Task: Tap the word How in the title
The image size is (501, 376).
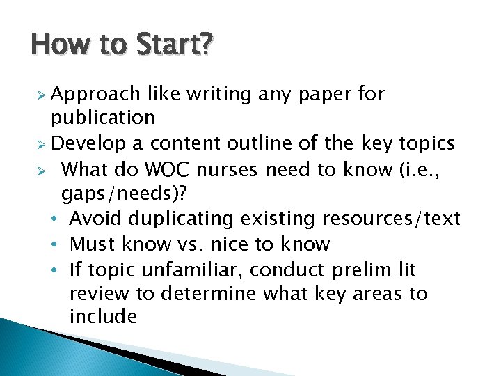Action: pos(55,47)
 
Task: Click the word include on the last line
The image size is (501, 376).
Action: pos(103,318)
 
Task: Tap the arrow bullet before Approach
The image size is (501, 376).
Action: pos(42,95)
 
